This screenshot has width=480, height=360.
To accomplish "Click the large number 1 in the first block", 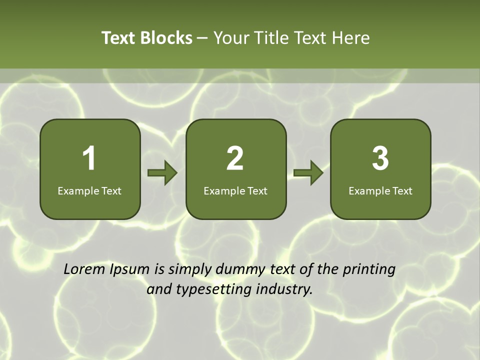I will [89, 158].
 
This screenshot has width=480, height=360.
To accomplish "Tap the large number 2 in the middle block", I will [235, 158].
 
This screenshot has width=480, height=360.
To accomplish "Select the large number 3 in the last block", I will [380, 158].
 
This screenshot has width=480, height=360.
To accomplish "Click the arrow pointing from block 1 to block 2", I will [162, 173].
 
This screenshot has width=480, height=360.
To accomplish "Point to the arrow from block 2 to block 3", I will [308, 173].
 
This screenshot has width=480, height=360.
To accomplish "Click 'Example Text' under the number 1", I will [89, 190].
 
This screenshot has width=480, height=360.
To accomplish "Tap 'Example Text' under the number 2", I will [235, 190].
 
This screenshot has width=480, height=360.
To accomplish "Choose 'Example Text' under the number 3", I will [380, 190].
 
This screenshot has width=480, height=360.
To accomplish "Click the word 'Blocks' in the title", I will [166, 38].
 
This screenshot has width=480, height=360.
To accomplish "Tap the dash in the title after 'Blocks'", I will [202, 38].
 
